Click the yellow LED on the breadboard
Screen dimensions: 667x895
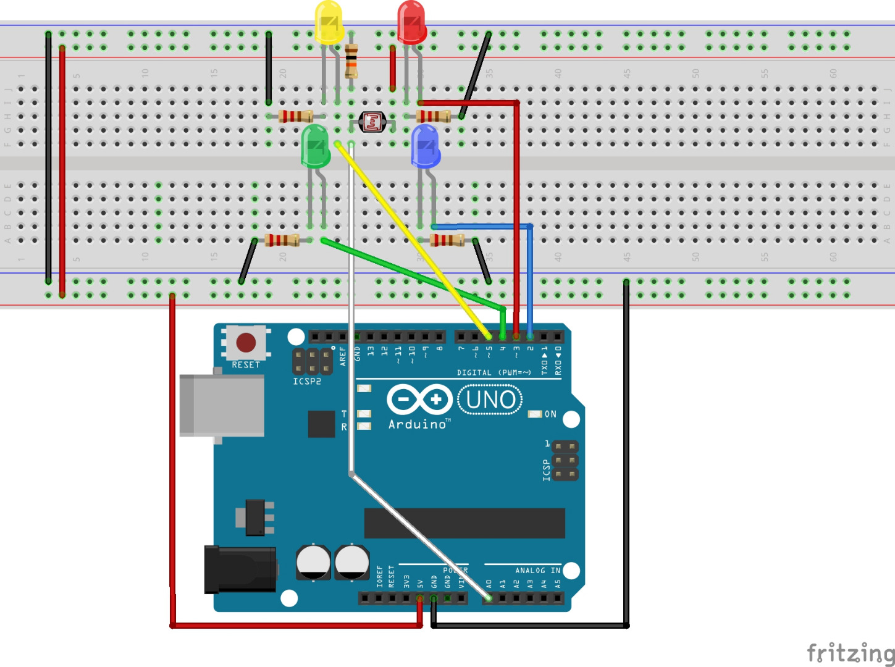point(329,22)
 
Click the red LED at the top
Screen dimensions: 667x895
point(411,22)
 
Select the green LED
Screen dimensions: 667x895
point(316,146)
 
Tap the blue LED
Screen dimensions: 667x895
point(426,146)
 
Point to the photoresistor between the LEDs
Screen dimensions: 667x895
point(372,122)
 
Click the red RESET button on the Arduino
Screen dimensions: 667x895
point(246,342)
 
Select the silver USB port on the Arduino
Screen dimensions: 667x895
point(221,405)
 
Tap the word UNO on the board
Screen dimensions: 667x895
point(490,400)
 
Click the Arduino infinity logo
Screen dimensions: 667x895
point(419,400)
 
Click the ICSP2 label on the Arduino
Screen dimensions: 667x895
point(307,382)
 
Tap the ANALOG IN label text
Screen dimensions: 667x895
point(538,571)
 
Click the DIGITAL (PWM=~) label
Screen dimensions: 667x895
point(494,372)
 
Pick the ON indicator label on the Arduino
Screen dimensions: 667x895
point(550,414)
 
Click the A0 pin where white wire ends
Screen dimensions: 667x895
point(489,598)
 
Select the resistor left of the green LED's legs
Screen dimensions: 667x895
point(282,240)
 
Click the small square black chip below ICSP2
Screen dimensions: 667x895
point(321,424)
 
